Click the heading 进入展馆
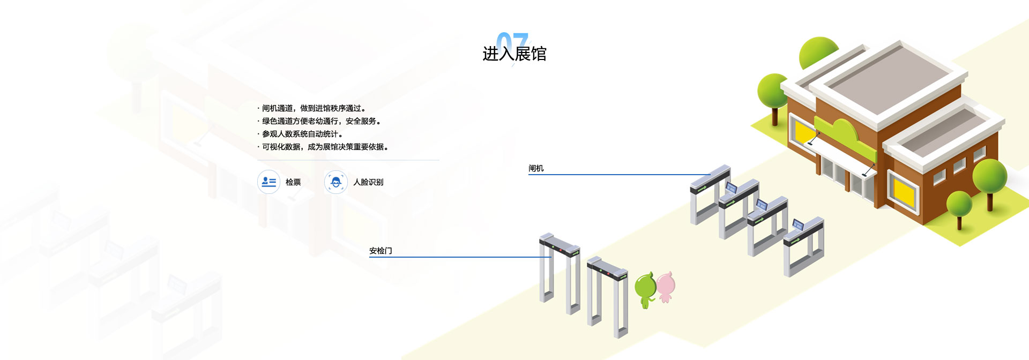514,54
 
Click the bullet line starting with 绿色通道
321,121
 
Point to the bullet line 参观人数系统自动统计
302,134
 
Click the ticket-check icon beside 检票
269,182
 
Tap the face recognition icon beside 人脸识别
336,182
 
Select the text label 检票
293,182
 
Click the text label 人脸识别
368,182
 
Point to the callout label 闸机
536,168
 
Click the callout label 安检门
381,251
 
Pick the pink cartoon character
666,287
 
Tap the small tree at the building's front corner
959,209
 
